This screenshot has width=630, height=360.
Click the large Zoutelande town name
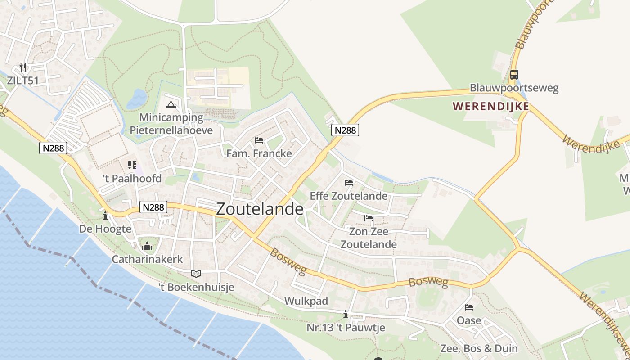coord(260,209)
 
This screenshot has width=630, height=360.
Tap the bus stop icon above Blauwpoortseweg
coord(514,75)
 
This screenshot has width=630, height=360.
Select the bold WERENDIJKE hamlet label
coord(490,107)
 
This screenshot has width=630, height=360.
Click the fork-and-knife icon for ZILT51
coord(23,67)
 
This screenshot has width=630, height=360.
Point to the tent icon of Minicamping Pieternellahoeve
coord(171,105)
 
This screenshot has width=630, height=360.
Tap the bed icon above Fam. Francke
coord(259,140)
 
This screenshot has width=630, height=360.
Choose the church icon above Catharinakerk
coord(147,246)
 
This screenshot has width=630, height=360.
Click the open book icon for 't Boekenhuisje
coord(196,274)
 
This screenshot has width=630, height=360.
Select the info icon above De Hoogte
coord(105,216)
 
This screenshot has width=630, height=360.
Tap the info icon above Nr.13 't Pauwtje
coord(346,314)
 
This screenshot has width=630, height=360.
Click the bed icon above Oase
coord(469,307)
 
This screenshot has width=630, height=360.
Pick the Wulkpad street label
coord(306,301)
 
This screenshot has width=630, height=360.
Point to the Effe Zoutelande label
coord(349,196)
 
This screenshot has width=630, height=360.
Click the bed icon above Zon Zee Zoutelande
coord(369,218)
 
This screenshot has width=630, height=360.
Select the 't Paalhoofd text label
coord(132,179)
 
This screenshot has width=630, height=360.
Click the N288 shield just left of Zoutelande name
coord(153,207)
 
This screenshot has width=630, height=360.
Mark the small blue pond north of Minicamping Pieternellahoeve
coord(137,98)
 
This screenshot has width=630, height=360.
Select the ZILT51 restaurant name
coord(23,81)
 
